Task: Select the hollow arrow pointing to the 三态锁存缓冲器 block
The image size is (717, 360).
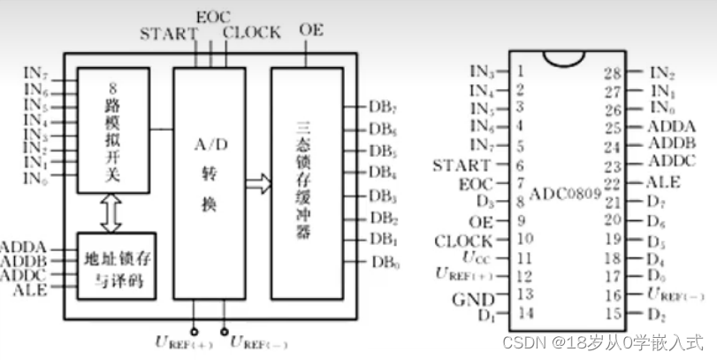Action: [258, 184]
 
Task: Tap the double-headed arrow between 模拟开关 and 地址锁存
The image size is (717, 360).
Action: [111, 213]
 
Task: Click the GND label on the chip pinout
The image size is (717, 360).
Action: [471, 297]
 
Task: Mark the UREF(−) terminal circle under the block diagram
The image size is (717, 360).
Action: [223, 324]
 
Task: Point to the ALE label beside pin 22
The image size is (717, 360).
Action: [666, 182]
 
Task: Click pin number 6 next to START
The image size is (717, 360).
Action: [521, 165]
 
